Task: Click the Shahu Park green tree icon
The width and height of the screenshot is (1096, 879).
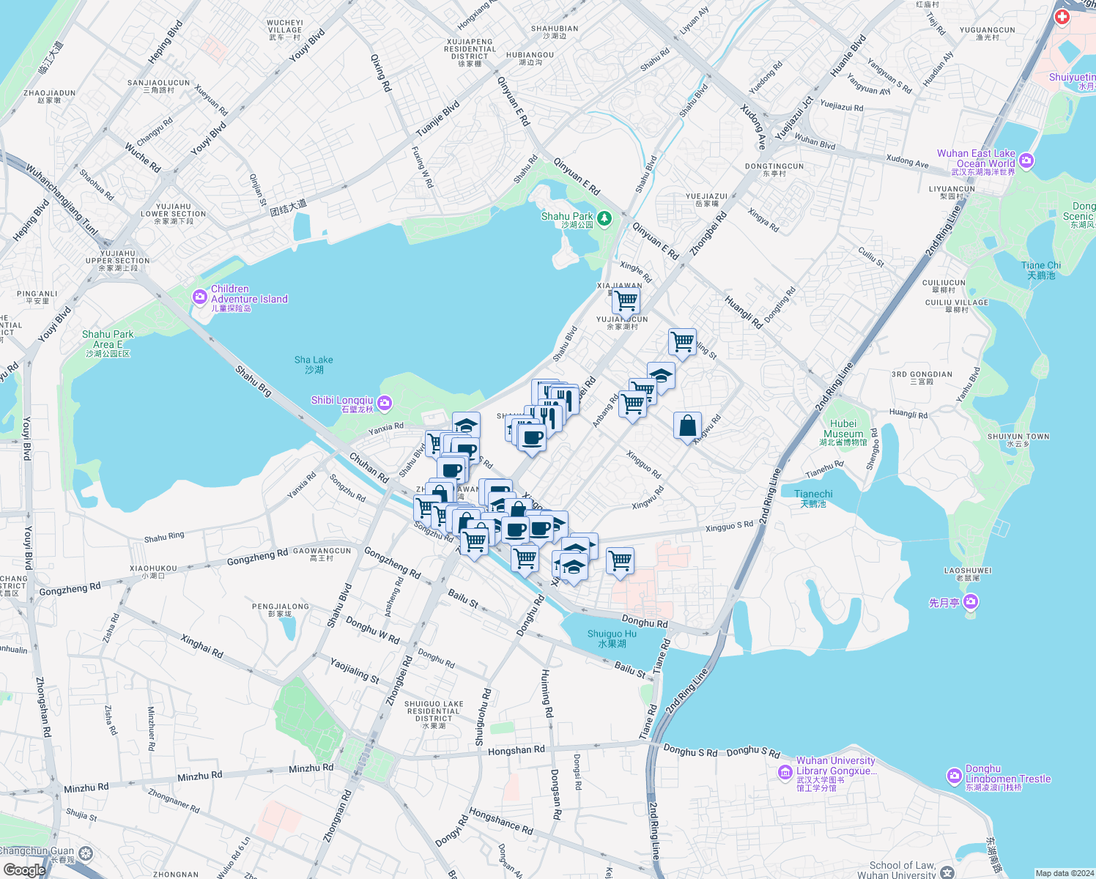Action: point(604,218)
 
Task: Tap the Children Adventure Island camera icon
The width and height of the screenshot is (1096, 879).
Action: point(199,297)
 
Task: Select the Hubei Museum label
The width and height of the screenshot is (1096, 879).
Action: point(843,432)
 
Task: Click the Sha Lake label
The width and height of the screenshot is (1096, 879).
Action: point(314,364)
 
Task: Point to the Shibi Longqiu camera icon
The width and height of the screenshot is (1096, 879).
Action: point(385,403)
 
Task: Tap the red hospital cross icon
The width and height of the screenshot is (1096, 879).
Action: point(1062,16)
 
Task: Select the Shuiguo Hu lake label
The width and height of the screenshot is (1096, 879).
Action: point(612,638)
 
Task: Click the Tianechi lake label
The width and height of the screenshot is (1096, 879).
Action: point(813,498)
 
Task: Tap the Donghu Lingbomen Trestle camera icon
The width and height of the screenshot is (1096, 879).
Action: point(954,775)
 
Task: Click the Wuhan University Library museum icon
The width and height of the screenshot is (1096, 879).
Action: point(785,772)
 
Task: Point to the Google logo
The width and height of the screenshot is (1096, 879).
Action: point(23,869)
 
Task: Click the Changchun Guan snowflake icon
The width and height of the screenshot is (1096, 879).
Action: point(86,853)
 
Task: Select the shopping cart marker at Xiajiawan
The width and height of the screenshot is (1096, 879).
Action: point(626,300)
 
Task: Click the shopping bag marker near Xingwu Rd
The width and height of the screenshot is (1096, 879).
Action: point(687,426)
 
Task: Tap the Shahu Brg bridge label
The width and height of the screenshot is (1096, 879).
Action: point(253,381)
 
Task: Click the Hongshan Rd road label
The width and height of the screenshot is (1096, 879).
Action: point(516,750)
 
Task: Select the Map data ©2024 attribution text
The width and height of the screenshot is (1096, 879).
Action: point(1064,873)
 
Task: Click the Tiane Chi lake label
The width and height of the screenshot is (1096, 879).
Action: point(1040,270)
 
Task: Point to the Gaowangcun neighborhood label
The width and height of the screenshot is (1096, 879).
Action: point(322,554)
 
